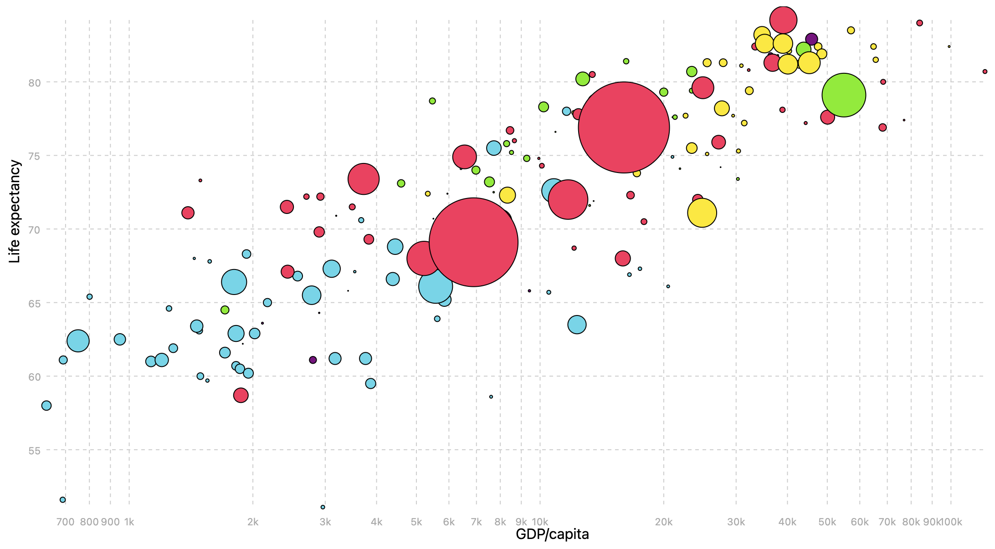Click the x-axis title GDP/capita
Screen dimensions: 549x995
pos(552,534)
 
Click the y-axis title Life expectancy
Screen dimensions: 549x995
pos(15,211)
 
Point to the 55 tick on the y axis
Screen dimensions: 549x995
pos(34,450)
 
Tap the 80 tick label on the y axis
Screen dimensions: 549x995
pos(34,82)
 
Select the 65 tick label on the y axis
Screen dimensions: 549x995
pos(34,303)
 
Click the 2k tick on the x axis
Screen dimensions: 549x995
pos(253,522)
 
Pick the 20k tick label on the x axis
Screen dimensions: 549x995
pos(663,522)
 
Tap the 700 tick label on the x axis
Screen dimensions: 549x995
pos(65,522)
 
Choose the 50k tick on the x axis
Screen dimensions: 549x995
pos(827,522)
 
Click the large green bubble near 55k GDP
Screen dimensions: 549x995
pos(844,95)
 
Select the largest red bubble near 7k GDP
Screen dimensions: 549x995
pos(473,242)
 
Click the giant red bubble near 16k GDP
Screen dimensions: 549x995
pos(624,127)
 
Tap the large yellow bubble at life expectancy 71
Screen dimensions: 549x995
pos(702,213)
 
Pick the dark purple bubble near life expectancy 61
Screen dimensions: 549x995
pos(313,360)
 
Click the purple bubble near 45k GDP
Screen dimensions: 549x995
pos(811,39)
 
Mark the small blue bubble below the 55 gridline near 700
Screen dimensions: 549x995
pos(63,500)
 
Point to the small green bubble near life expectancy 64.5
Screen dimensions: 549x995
pos(225,310)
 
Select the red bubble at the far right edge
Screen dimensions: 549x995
pos(985,71)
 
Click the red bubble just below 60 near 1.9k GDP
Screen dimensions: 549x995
pos(241,396)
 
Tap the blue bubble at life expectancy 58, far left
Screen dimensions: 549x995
pos(46,406)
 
